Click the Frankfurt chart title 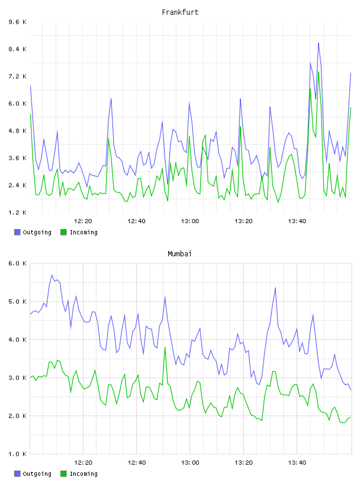click(x=180, y=12)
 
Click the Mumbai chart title click(x=179, y=254)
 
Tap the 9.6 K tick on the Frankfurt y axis click(x=18, y=22)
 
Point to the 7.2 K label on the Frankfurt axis click(x=18, y=76)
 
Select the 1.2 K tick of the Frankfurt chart click(x=18, y=212)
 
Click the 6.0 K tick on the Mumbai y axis click(x=18, y=263)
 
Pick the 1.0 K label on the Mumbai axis click(x=18, y=454)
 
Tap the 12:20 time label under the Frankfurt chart click(x=83, y=221)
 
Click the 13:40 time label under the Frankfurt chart click(x=297, y=221)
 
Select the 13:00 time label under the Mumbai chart click(x=190, y=463)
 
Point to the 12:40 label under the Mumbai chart click(x=137, y=463)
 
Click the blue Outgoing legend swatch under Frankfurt click(x=17, y=232)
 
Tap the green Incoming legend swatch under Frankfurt click(x=63, y=232)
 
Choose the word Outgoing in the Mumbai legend click(x=37, y=474)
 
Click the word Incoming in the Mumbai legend click(x=83, y=474)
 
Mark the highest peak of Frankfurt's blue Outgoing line click(x=319, y=43)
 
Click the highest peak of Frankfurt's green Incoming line click(x=319, y=72)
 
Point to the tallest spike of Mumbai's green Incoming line click(x=165, y=347)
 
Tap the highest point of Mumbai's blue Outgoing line click(x=52, y=275)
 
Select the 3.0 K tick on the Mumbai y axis click(x=18, y=378)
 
